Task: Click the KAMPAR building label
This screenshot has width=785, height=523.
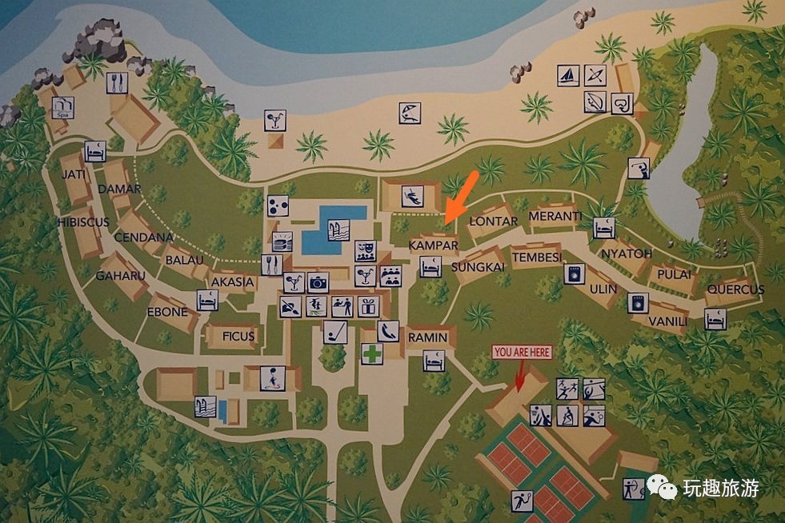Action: [433, 245]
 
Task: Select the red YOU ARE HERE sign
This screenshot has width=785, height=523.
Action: [523, 352]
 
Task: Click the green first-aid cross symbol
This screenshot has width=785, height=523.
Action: [370, 354]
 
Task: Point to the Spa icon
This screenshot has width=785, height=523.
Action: [62, 107]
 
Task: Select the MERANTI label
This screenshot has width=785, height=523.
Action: [555, 216]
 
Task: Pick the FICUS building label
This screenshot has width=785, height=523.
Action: [238, 337]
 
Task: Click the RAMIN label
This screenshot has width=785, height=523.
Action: [427, 337]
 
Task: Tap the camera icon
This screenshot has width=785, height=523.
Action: [318, 282]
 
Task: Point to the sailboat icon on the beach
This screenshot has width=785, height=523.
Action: [568, 75]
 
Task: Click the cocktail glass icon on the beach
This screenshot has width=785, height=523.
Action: [275, 120]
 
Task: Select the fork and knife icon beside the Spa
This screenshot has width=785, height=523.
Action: [118, 82]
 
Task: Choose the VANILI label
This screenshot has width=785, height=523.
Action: [667, 321]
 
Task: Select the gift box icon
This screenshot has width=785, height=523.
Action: [367, 305]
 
